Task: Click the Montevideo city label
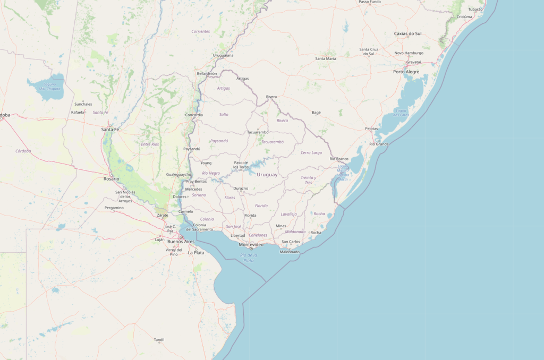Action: click(x=251, y=245)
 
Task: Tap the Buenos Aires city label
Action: click(x=181, y=242)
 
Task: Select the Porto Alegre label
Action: click(x=406, y=72)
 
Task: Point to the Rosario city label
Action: click(x=111, y=178)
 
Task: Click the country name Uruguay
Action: click(x=267, y=175)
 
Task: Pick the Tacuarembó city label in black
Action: click(x=258, y=132)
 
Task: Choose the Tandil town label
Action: click(x=159, y=339)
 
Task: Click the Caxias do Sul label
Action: click(x=407, y=33)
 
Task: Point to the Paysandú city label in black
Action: click(x=192, y=149)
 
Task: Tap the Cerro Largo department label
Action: click(x=311, y=153)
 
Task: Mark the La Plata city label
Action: click(x=196, y=253)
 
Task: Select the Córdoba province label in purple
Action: click(x=23, y=151)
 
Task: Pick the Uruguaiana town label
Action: click(x=223, y=55)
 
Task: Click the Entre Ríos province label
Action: click(x=150, y=144)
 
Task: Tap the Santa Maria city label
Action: click(x=326, y=58)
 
